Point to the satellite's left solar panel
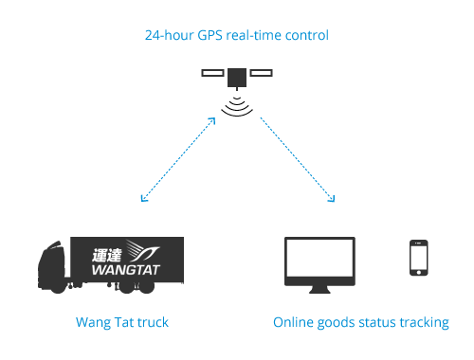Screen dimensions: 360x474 coord(213,72)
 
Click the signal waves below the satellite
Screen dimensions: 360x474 coord(238,105)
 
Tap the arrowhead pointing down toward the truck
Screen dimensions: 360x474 coord(143,199)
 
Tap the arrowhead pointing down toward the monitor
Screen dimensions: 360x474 coord(332,199)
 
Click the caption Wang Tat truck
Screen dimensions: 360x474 coord(121,323)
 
